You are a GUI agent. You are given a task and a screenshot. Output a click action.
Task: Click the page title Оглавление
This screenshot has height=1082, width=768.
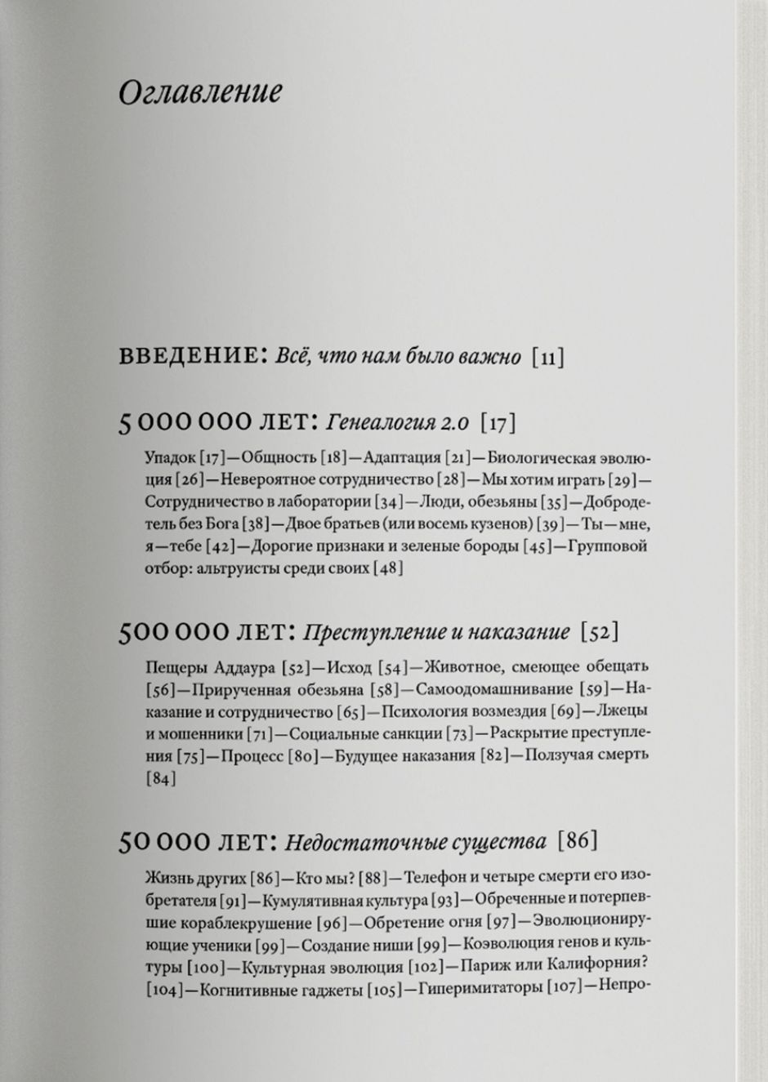[200, 91]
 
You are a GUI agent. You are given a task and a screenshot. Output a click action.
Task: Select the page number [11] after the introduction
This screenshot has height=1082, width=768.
[547, 358]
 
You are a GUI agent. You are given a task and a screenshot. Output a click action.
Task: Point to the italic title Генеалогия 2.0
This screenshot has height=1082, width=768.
[398, 423]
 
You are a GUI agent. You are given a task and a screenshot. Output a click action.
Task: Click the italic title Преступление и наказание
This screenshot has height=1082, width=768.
[436, 632]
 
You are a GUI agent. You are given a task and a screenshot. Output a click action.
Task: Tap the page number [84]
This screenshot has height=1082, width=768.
[161, 778]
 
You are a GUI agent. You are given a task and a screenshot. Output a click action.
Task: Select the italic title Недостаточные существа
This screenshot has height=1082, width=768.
[417, 841]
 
